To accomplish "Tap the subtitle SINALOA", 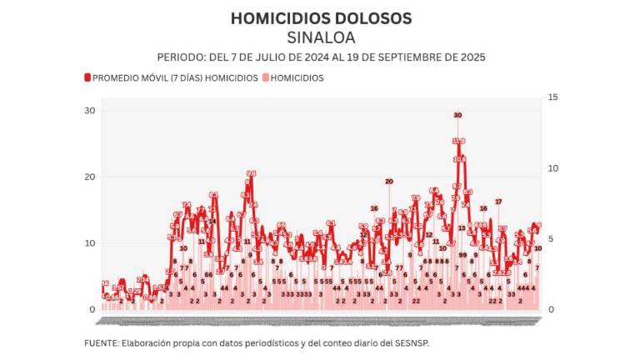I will (x=321, y=37).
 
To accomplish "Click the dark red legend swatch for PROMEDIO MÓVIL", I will (x=86, y=77).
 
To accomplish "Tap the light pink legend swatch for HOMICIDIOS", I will (x=265, y=77).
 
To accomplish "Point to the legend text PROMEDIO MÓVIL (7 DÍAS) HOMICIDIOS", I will (x=175, y=77).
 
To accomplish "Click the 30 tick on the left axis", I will (x=89, y=111).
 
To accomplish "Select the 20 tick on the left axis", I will (x=89, y=177).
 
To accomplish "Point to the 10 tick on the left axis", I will (x=89, y=242).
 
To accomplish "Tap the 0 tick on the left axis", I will (x=92, y=309).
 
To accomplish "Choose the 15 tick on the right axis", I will (x=552, y=97).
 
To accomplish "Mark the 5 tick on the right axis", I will (x=549, y=239).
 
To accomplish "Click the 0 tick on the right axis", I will (x=549, y=309).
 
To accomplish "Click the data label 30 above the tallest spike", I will (x=457, y=115).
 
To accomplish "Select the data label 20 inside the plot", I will (x=388, y=181).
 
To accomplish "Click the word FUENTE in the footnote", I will (x=102, y=342).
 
